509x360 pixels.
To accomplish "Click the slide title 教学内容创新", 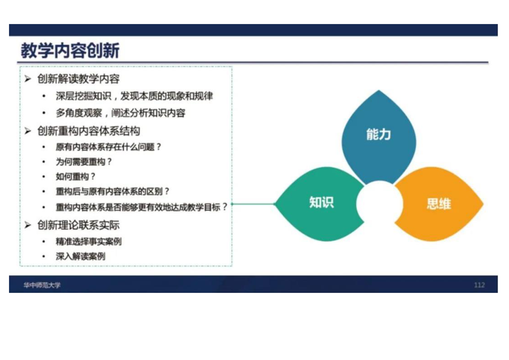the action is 70,50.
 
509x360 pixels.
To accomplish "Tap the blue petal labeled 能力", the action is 378,137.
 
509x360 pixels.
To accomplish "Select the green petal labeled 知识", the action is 320,204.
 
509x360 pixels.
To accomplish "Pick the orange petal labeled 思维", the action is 439,204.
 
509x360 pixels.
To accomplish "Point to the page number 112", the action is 479,285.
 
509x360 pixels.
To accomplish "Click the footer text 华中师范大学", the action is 42,285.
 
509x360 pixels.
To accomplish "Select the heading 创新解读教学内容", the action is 78,79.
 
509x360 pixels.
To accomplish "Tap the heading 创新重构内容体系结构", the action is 88,131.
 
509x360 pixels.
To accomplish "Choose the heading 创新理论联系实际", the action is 78,225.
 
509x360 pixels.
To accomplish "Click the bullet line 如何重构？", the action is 76,177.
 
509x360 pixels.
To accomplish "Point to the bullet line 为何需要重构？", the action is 84,162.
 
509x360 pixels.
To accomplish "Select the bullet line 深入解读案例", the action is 80,256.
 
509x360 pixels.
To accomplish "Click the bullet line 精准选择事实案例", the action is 88,242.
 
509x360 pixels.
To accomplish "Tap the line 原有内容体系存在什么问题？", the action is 108,147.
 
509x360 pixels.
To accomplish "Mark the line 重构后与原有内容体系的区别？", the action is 113,192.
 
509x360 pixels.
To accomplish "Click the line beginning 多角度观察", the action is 120,113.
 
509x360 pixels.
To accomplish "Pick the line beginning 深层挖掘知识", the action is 134,96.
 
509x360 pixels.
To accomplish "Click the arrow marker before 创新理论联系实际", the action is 28,225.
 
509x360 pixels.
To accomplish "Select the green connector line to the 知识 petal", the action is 254,204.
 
